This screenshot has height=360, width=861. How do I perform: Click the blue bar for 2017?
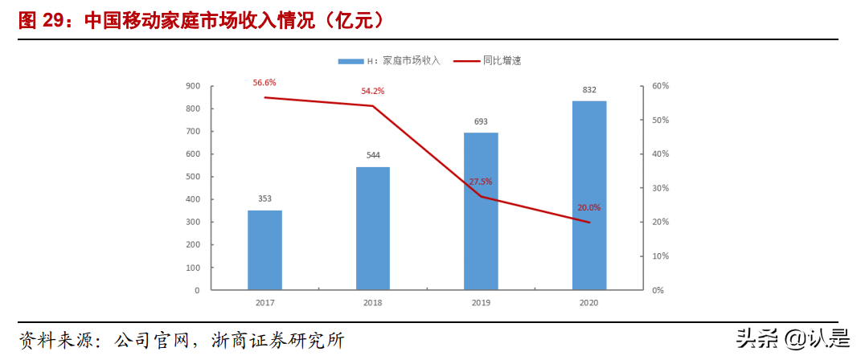tap(264, 249)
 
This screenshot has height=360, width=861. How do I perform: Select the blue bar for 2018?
tap(373, 227)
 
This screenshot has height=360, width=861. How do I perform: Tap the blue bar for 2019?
tap(481, 211)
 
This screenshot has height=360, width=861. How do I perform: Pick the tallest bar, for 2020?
tap(589, 194)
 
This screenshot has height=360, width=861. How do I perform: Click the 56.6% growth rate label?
tap(264, 83)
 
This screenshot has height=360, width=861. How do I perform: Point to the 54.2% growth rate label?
tap(372, 91)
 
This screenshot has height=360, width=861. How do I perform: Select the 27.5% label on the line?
tap(481, 182)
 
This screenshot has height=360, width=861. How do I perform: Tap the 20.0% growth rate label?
tap(588, 207)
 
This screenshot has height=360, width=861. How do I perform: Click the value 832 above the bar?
tap(589, 90)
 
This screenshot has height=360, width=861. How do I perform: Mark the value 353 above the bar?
tap(264, 198)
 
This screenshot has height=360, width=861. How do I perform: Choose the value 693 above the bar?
tap(481, 121)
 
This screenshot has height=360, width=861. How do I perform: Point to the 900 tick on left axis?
tap(193, 86)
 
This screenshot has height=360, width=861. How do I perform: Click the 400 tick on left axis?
tap(193, 199)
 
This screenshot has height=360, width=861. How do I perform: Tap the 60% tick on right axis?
tap(660, 86)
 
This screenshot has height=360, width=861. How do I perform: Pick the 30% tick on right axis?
tap(660, 188)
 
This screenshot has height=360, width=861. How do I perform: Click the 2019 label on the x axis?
tap(481, 303)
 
